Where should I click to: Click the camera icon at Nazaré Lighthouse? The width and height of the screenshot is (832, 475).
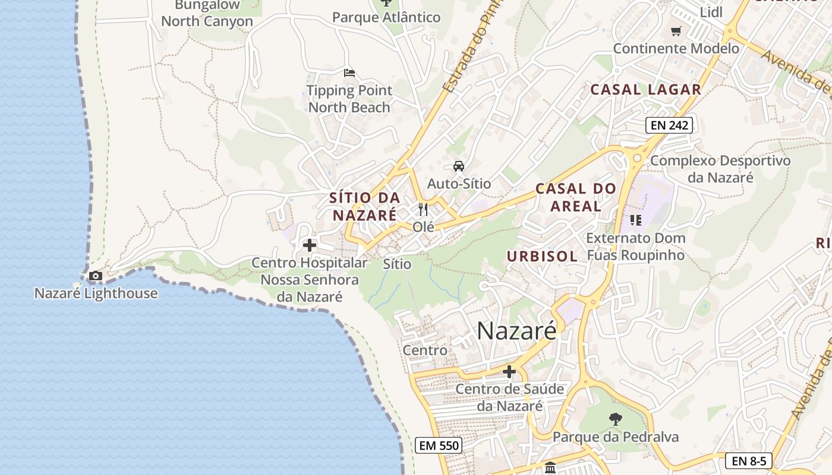pos(95,275)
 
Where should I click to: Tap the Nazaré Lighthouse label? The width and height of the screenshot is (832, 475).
pos(96,293)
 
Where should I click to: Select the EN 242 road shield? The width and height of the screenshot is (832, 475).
pos(669,125)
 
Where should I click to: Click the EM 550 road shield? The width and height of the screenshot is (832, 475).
pos(439,445)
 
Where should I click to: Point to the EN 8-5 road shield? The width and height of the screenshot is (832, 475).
pos(749,461)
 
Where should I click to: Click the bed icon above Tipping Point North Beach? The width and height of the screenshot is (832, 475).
pos(349,73)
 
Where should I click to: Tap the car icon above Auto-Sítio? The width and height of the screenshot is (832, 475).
pos(459,166)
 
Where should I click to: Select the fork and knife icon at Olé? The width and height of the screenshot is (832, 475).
pos(423,210)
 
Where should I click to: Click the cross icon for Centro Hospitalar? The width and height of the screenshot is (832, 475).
pos(310,245)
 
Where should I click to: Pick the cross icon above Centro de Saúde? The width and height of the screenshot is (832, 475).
pos(509,372)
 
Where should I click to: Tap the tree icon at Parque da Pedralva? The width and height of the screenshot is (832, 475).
pos(616,419)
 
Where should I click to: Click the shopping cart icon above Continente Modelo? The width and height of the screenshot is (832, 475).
pos(676,31)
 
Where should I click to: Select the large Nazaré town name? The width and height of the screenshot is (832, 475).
pos(516,331)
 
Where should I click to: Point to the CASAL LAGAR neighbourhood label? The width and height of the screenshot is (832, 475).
pos(645,90)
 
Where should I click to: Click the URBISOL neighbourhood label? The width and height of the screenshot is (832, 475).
pos(542,256)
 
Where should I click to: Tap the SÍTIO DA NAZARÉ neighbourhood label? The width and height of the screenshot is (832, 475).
pos(364,206)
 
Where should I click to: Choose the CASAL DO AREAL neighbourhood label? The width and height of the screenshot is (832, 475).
pos(575,198)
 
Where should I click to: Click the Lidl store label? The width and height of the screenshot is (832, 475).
pos(711,12)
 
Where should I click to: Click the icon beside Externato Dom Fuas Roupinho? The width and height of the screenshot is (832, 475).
pos(636,220)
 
